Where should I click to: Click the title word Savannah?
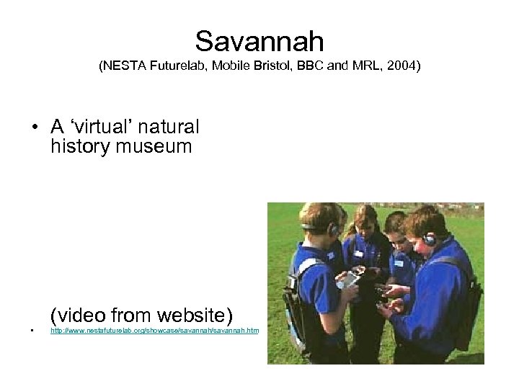point(259,41)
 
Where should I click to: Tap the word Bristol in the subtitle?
point(263,67)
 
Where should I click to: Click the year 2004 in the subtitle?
point(402,67)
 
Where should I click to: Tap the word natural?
point(170,127)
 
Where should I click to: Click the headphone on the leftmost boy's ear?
point(332,230)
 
